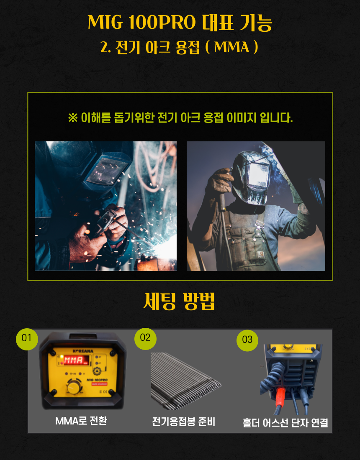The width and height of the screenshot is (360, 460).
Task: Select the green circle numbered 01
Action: coord(27,339)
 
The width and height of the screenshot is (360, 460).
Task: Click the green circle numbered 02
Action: coord(145,339)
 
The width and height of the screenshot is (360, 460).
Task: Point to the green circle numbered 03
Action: coord(247,340)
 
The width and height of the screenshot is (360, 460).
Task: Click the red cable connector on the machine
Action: coord(280,396)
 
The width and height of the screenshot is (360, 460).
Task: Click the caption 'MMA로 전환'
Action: coord(81,421)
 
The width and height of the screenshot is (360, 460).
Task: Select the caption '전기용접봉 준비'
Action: coord(183,422)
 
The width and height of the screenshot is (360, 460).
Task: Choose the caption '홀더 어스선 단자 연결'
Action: coord(285,423)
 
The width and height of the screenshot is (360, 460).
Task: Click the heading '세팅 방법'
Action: coord(179,301)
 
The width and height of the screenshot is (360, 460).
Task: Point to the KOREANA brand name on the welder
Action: coord(83,351)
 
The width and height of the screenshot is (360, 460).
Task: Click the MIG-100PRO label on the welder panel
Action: coord(97,380)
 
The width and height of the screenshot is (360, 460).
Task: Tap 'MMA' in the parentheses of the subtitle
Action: coord(232,47)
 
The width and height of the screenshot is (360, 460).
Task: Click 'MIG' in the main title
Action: coord(105,22)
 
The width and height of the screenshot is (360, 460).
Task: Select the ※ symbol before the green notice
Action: coord(73,118)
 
